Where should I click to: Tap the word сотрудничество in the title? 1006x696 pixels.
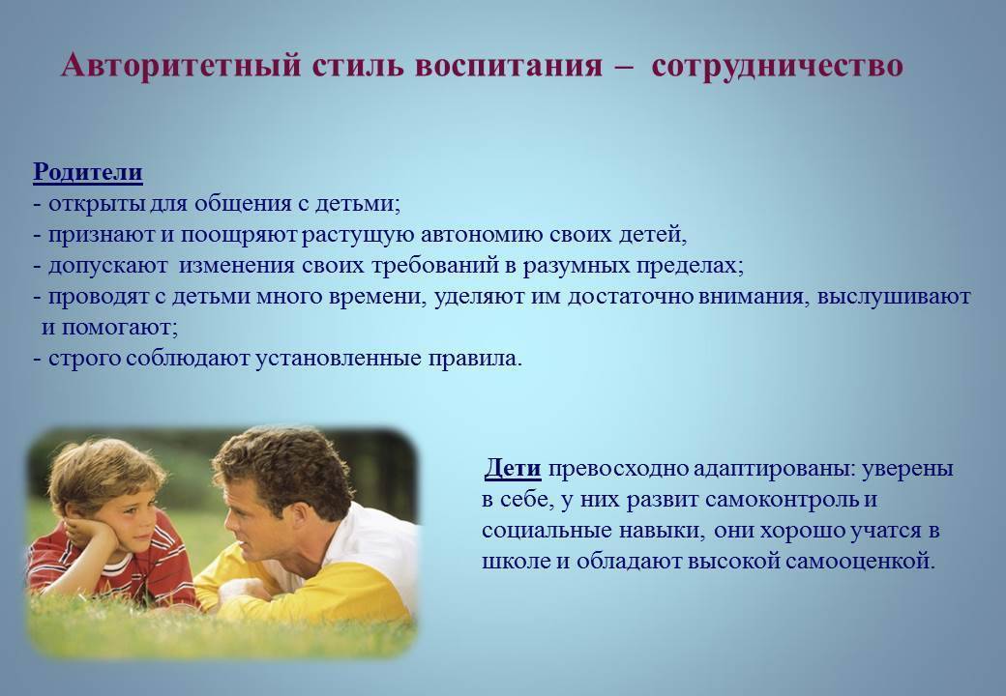coord(777,66)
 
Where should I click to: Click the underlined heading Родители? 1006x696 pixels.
coord(88,172)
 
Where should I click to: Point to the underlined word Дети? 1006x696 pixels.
coord(513,469)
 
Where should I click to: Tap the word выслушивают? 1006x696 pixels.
coord(894,297)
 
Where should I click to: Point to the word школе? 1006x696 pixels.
coord(516,562)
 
